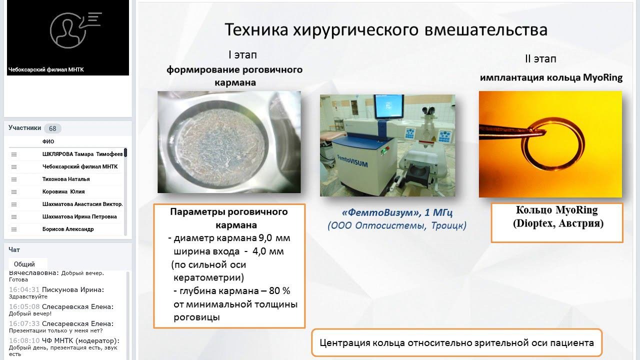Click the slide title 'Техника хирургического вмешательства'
tap(386, 30)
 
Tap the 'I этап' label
tap(242, 54)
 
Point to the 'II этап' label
tap(540, 59)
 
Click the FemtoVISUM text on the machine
tap(352, 161)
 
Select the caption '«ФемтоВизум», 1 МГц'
tap(397, 212)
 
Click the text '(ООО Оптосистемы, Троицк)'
tap(397, 225)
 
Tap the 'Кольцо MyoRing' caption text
tap(556, 210)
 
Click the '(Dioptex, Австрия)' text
tap(558, 223)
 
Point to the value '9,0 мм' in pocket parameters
tap(274, 238)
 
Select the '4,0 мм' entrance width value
tap(268, 251)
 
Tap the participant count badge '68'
tap(52, 128)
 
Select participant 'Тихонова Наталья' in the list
tap(66, 179)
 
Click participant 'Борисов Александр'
tap(68, 229)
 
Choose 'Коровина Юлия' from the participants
tap(63, 191)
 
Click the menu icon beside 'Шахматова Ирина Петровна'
tap(13, 217)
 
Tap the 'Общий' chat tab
tap(24, 264)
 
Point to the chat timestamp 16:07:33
tap(24, 323)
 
